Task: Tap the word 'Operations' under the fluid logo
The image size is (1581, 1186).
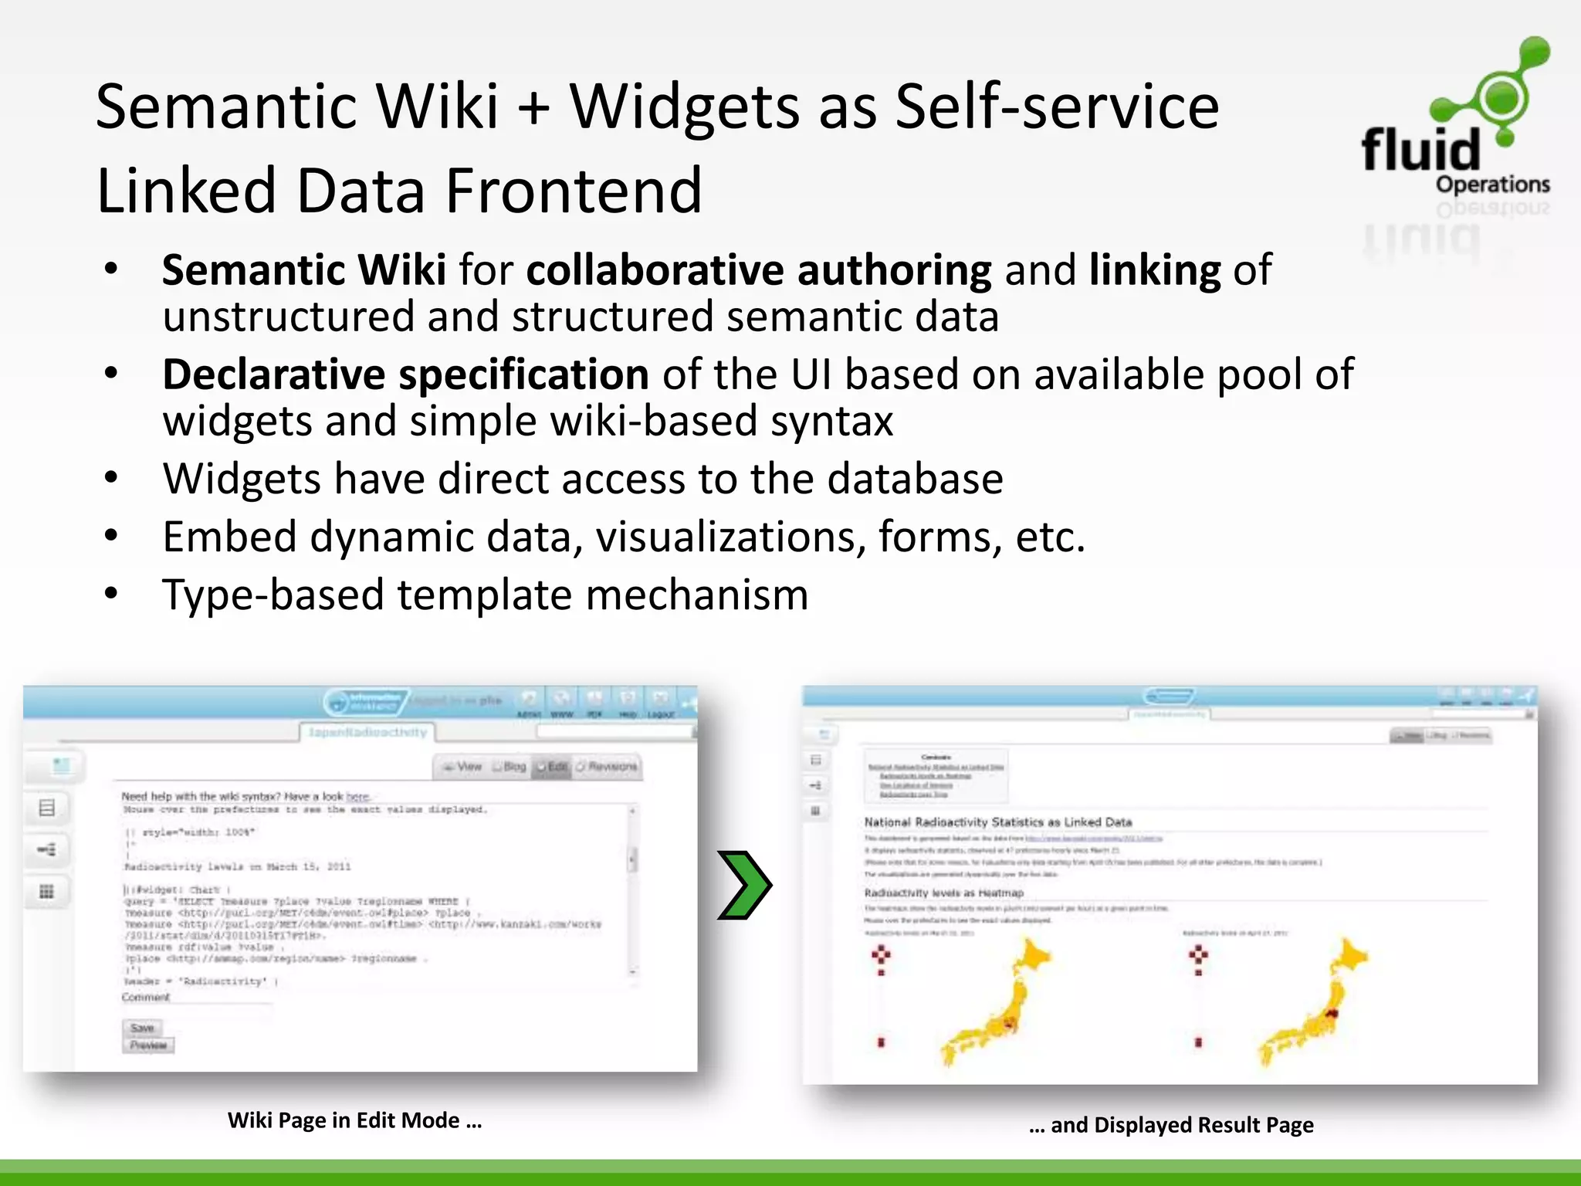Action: pyautogui.click(x=1492, y=185)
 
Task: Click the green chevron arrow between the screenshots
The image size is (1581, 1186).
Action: pyautogui.click(x=743, y=885)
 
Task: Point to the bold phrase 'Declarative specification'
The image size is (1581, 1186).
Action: pyautogui.click(x=405, y=374)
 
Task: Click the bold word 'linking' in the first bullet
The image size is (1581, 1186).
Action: pyautogui.click(x=1154, y=269)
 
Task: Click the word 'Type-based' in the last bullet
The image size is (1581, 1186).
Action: pyautogui.click(x=273, y=595)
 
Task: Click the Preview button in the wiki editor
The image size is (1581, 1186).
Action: pyautogui.click(x=148, y=1045)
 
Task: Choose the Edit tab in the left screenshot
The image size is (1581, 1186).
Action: pyautogui.click(x=552, y=767)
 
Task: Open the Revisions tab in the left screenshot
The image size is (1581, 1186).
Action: pyautogui.click(x=608, y=767)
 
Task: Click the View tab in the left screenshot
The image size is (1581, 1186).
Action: pyautogui.click(x=463, y=767)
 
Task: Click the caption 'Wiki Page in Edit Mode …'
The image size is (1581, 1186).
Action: pyautogui.click(x=354, y=1120)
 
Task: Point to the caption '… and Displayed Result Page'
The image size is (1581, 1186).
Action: pyautogui.click(x=1170, y=1125)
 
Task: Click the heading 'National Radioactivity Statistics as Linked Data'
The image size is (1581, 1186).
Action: pyautogui.click(x=997, y=822)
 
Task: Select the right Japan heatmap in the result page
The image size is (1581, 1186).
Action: pyautogui.click(x=1312, y=1004)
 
